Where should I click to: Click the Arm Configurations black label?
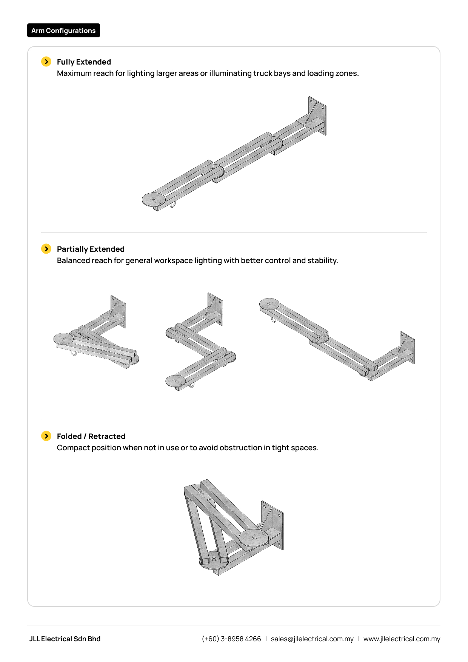click(x=63, y=31)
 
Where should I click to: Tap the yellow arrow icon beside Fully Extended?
click(x=46, y=62)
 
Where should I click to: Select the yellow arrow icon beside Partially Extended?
click(x=46, y=249)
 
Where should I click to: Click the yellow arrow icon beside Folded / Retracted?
click(x=46, y=436)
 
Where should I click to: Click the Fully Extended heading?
click(x=84, y=62)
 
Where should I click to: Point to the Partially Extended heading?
click(x=91, y=249)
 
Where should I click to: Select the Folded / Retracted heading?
click(x=91, y=436)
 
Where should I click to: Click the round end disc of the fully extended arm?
click(x=154, y=199)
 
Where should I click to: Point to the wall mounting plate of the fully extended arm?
click(x=317, y=115)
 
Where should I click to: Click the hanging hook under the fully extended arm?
click(x=172, y=205)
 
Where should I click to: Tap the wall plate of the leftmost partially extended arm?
click(x=118, y=311)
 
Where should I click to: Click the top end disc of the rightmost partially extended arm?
click(x=269, y=304)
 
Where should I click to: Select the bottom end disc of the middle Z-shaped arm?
click(x=175, y=381)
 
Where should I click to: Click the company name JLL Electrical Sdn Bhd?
click(x=65, y=639)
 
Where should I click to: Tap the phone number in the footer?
click(x=231, y=639)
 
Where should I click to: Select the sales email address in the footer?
click(x=312, y=639)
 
